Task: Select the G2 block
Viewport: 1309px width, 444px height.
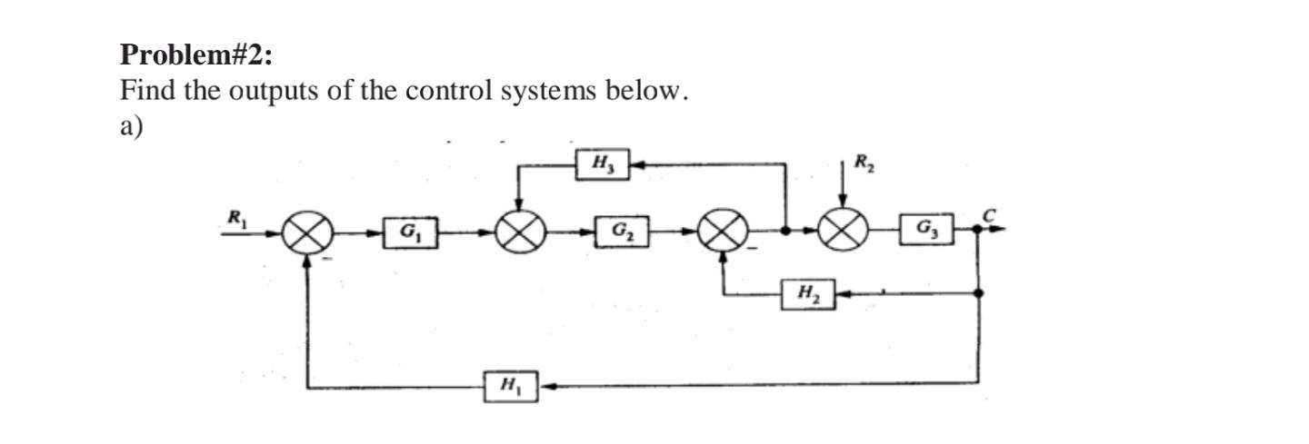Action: point(621,232)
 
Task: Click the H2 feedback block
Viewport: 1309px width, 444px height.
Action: point(806,294)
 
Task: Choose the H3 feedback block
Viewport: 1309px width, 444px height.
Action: point(604,164)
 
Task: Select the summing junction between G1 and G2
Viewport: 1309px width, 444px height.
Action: point(519,234)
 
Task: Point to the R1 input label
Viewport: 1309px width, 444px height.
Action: point(236,217)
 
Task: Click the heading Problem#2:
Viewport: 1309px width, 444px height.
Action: point(195,55)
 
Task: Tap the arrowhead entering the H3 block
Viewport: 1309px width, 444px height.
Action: point(637,164)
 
